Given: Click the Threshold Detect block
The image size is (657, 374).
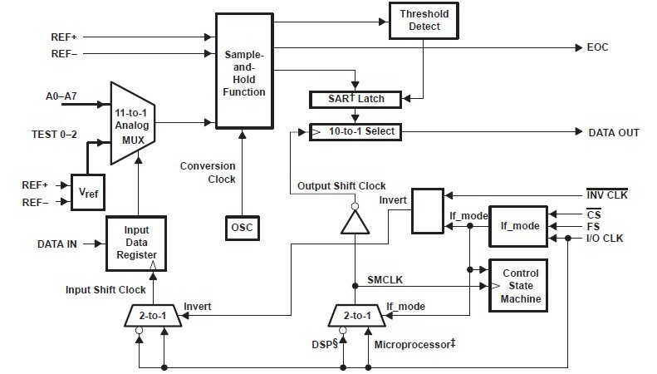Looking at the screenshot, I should [425, 20].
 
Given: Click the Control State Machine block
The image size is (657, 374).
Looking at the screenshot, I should [520, 285].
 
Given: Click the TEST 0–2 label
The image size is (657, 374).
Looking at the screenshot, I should [56, 134].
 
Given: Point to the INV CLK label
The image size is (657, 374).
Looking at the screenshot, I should [607, 195].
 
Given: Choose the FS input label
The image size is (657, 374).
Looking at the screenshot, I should [592, 225].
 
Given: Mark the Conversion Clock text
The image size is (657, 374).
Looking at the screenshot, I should [208, 172].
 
